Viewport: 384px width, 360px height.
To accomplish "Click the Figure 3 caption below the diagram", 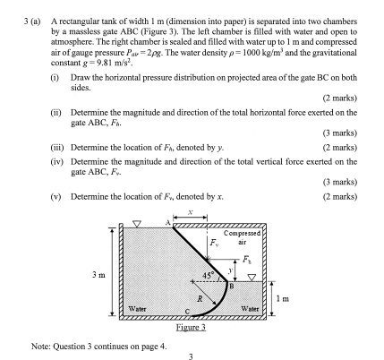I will (x=190, y=326).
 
